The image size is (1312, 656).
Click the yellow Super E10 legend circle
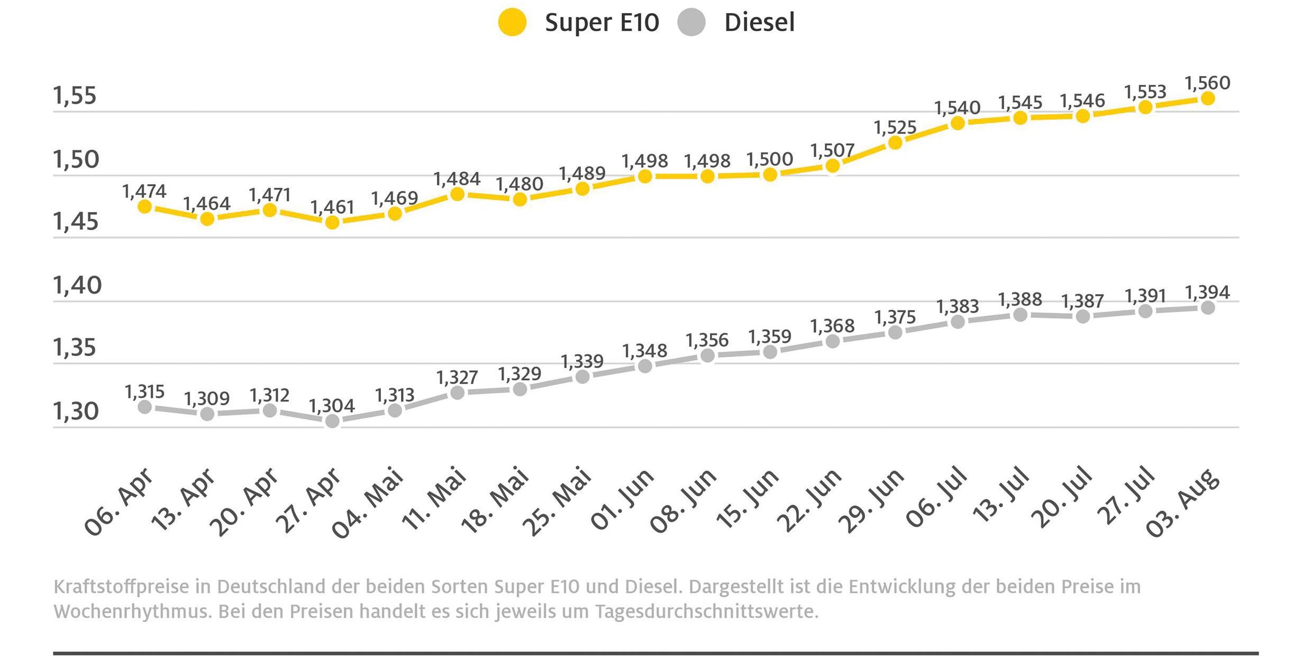(x=512, y=23)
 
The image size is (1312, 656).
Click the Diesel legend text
(x=759, y=23)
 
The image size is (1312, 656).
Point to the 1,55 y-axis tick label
(x=75, y=96)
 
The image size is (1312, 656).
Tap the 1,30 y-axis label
(x=76, y=411)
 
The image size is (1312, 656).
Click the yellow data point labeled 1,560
(x=1208, y=98)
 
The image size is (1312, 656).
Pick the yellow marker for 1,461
(x=332, y=222)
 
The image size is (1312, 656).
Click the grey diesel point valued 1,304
(x=332, y=421)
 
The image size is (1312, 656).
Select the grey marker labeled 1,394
(x=1208, y=307)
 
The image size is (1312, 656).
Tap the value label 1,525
(x=895, y=127)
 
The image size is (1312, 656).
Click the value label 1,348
(x=644, y=351)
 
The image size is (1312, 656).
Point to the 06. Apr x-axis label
(x=119, y=503)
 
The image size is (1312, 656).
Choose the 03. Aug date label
(x=1182, y=503)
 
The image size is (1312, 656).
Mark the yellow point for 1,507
(x=833, y=166)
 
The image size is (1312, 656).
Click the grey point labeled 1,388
(x=1020, y=315)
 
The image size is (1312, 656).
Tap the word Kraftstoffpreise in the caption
(x=121, y=587)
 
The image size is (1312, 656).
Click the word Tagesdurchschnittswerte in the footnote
(x=706, y=612)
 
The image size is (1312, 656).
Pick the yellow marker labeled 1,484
(x=457, y=194)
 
